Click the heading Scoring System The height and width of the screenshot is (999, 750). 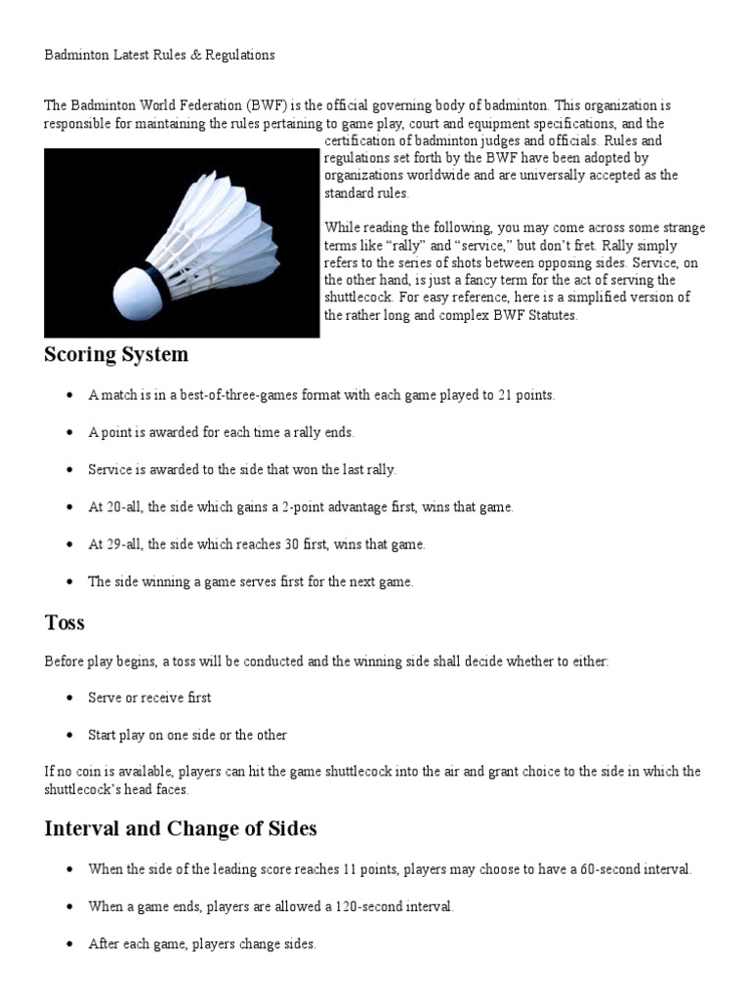point(116,355)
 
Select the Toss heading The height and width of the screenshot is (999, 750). point(64,622)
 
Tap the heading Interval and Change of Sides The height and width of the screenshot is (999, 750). point(181,829)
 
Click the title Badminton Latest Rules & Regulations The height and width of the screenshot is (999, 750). point(159,55)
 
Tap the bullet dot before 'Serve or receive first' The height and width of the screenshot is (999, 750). point(69,699)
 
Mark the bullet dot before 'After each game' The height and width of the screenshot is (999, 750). point(69,944)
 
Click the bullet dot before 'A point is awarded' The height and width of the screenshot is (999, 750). point(69,433)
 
